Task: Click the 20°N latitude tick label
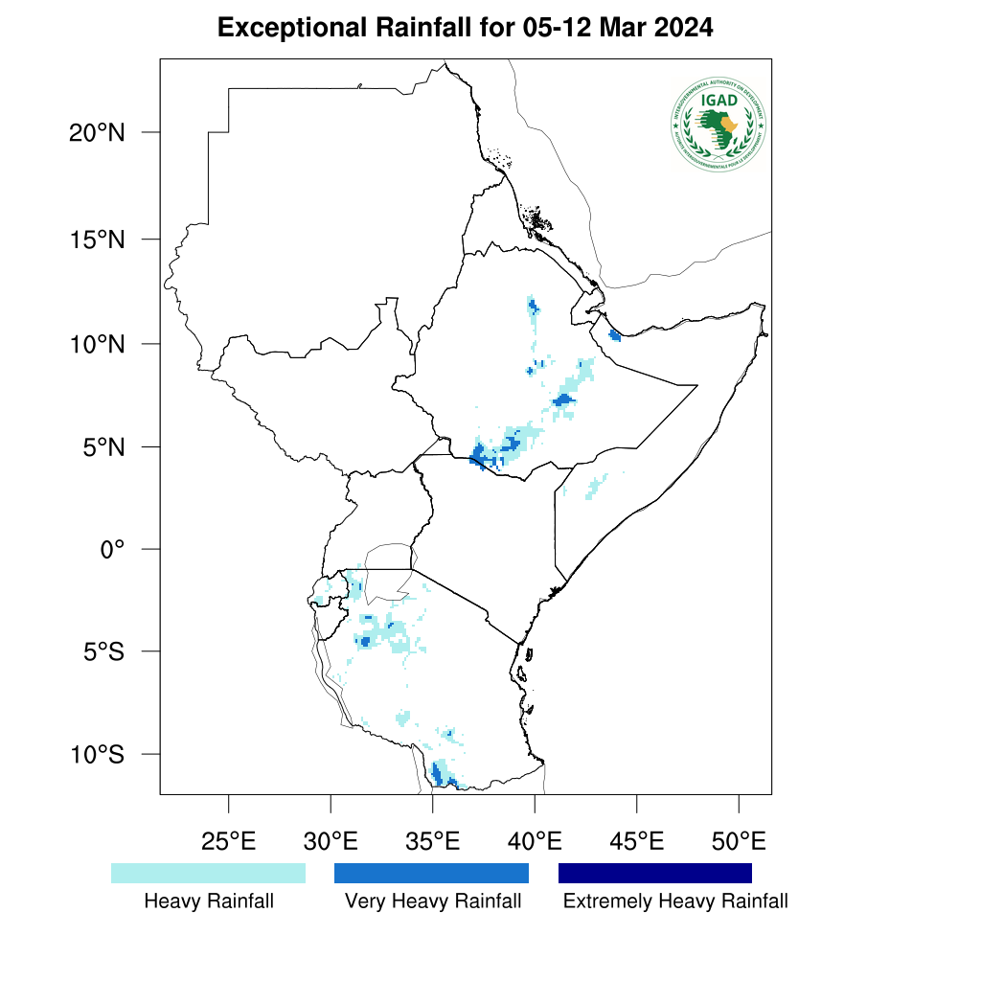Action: [97, 132]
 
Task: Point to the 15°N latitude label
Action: [97, 239]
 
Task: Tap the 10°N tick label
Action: [97, 343]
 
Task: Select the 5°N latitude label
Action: [103, 446]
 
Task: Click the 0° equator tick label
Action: [114, 549]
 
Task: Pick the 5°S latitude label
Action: [103, 651]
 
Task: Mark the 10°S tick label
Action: [97, 754]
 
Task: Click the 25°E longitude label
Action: [228, 843]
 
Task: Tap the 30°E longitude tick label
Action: [331, 843]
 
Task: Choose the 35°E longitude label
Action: [432, 843]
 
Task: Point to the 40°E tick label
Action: [535, 843]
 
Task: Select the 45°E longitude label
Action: [637, 843]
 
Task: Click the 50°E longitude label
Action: [739, 843]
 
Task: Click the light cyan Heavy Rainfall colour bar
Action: [208, 873]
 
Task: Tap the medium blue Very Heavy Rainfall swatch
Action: [431, 873]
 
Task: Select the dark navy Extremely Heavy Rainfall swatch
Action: [655, 873]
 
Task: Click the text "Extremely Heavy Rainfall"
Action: [675, 901]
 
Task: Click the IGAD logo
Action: [719, 125]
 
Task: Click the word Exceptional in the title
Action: [283, 28]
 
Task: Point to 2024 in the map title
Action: [683, 28]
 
